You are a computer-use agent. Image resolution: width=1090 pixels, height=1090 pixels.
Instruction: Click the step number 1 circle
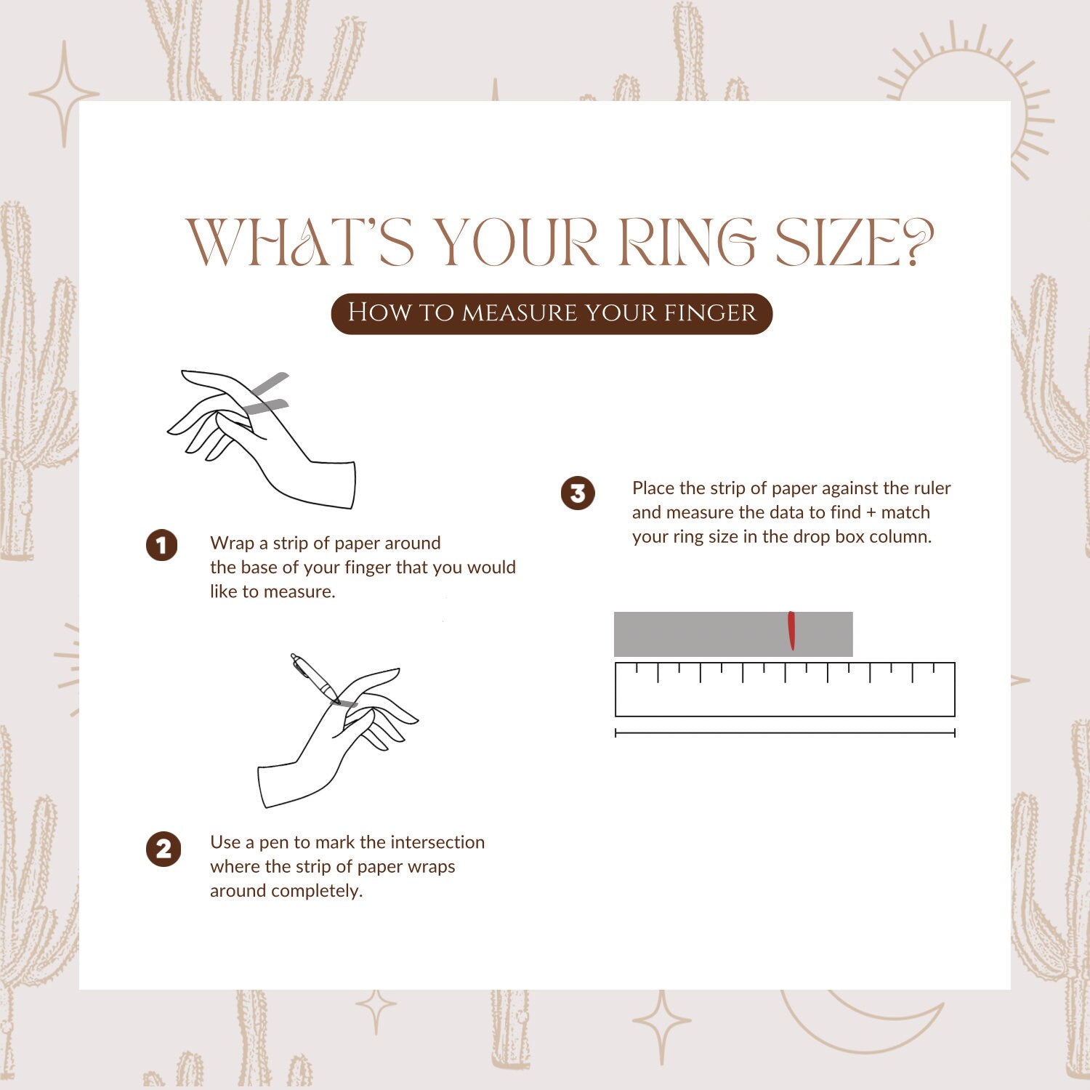[161, 545]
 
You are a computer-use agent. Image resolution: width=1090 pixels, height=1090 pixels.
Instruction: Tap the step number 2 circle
[163, 849]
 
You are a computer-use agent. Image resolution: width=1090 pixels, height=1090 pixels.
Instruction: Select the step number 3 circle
[578, 494]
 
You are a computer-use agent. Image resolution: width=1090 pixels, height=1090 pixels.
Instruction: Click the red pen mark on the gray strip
[791, 631]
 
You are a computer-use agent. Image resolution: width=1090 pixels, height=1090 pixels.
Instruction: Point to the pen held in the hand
[314, 679]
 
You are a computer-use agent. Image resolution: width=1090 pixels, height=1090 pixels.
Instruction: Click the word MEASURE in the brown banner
[520, 312]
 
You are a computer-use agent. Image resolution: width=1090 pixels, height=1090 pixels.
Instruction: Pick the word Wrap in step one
[229, 544]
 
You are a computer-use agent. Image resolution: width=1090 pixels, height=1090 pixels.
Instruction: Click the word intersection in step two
[437, 842]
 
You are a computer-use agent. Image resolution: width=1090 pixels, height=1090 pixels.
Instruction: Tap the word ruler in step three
[930, 488]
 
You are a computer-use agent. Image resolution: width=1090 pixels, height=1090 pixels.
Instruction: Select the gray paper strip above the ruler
[733, 634]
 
